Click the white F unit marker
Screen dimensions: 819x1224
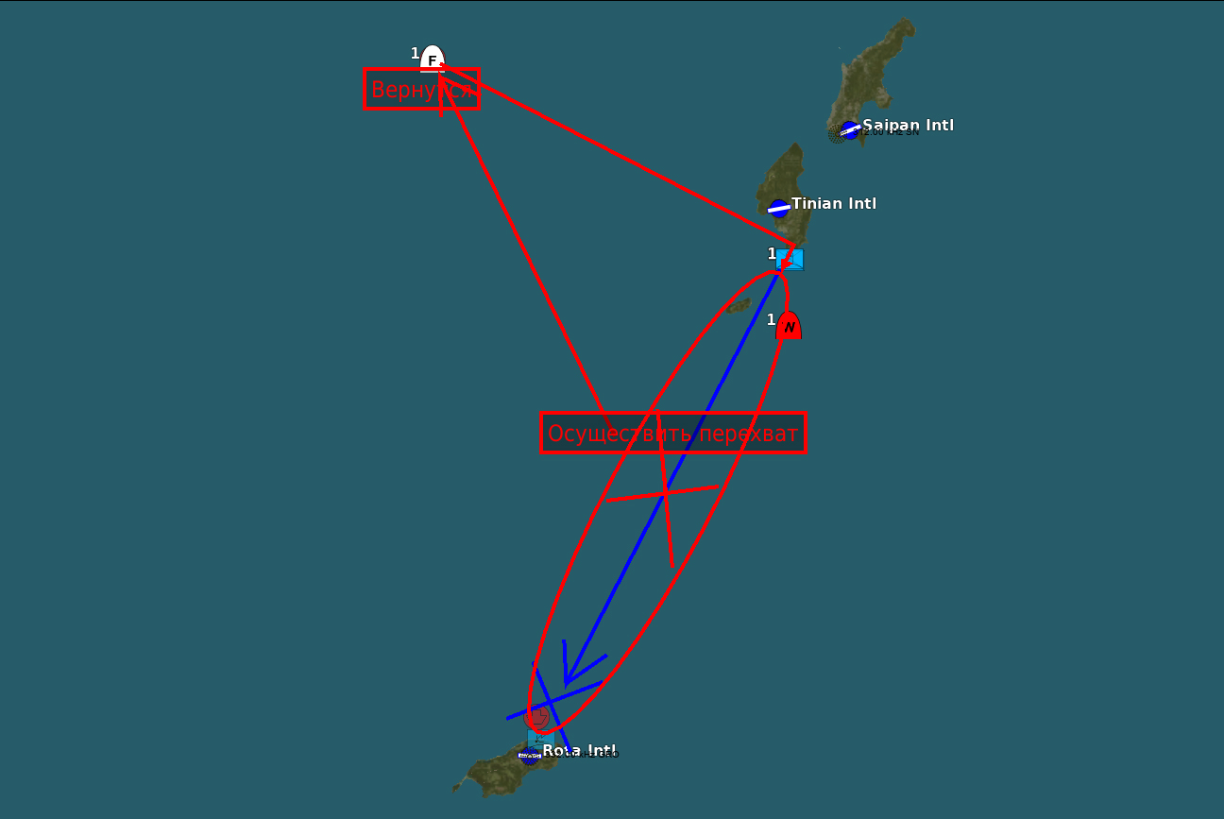coord(433,59)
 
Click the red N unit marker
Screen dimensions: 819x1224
coord(789,326)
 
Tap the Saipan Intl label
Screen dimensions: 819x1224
coord(908,126)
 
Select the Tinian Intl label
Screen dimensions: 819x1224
coord(834,203)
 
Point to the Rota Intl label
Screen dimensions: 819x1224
coord(579,751)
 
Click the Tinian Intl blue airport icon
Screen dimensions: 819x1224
coord(778,208)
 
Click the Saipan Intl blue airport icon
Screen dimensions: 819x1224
coord(850,130)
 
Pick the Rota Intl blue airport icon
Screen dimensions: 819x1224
coord(530,755)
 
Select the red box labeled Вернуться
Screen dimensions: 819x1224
coord(421,90)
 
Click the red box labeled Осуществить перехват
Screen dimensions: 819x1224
coord(673,434)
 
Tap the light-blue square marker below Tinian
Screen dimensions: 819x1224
coord(790,260)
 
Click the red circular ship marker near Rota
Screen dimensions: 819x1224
coord(536,717)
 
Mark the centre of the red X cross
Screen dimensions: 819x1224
coord(665,492)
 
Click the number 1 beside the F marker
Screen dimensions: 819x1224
coord(415,54)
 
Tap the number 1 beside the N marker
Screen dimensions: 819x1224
coord(771,320)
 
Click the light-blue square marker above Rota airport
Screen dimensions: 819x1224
coord(540,738)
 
